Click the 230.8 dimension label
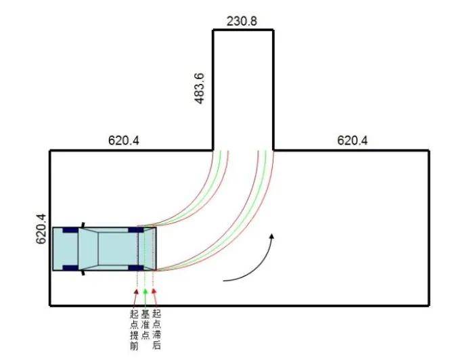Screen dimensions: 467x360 (x=242, y=21)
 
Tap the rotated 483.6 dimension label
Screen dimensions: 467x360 (x=200, y=89)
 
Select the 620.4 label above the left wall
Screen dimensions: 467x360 (x=123, y=140)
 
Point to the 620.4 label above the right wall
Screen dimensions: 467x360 (x=353, y=140)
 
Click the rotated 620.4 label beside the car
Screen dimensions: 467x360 (x=41, y=229)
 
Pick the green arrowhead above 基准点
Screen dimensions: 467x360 (x=145, y=291)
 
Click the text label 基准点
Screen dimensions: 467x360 (x=146, y=325)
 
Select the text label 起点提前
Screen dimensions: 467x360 (x=134, y=330)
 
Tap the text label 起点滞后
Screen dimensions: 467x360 (x=156, y=330)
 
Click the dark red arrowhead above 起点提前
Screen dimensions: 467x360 (x=137, y=291)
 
